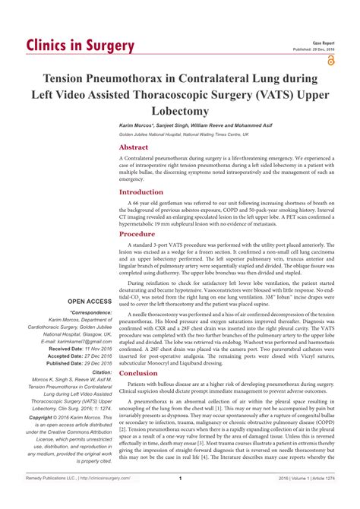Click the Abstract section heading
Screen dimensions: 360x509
(x=134, y=147)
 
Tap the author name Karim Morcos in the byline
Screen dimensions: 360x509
(x=139, y=123)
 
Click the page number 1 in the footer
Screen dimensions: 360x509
(x=179, y=499)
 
